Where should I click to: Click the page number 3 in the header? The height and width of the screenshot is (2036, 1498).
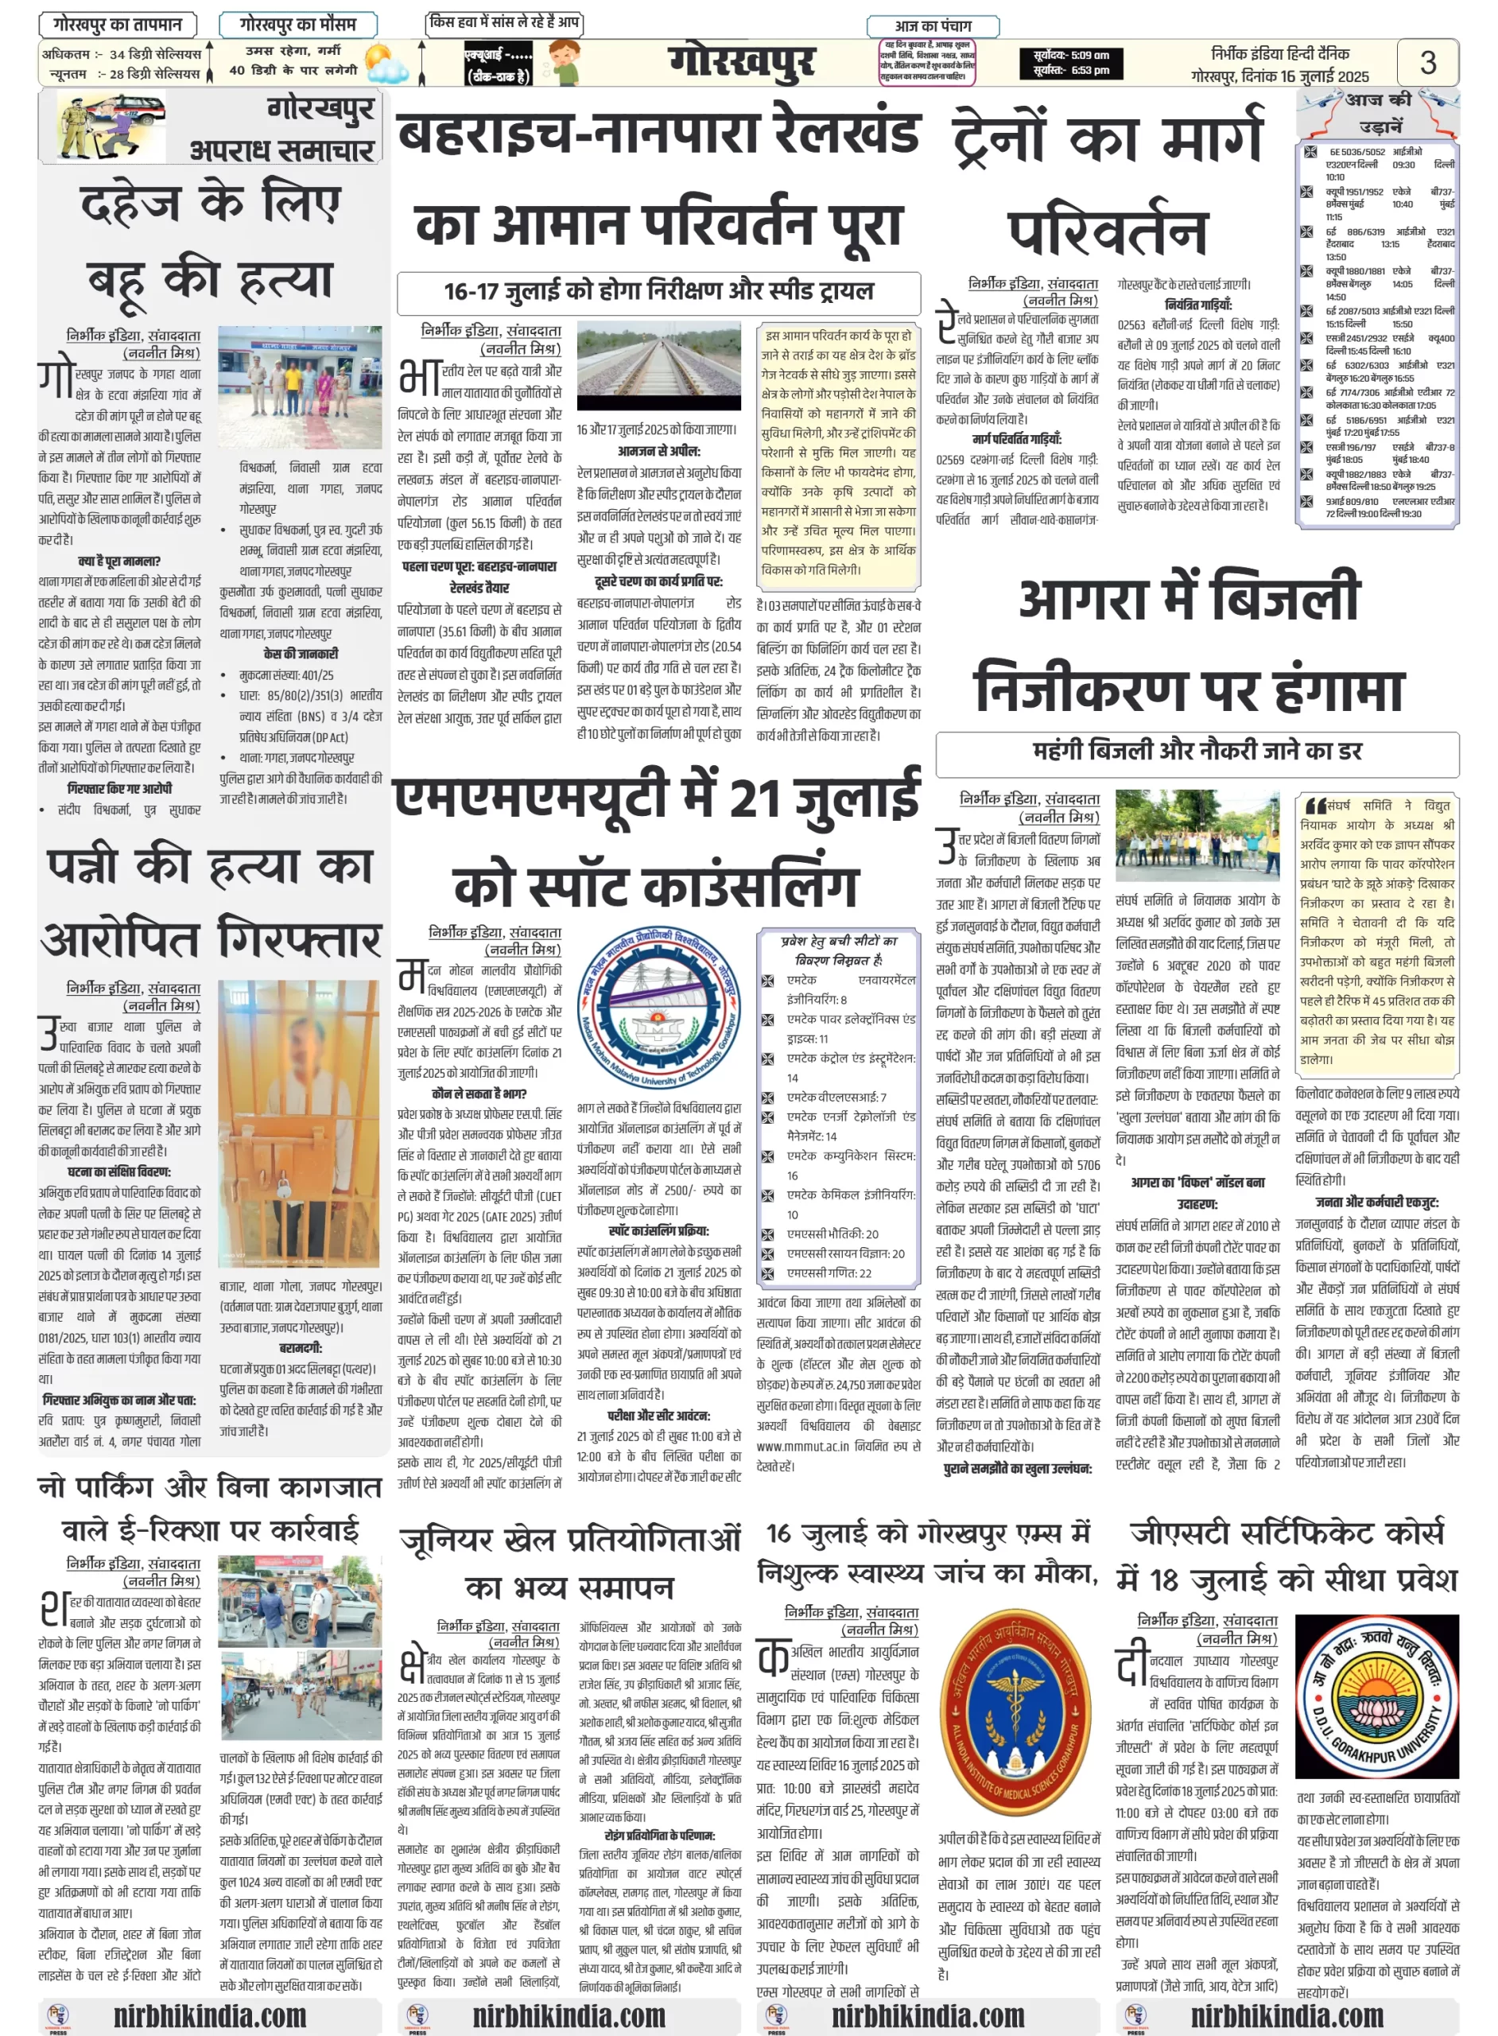tap(1427, 63)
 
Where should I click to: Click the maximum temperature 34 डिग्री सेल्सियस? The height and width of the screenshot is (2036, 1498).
tap(155, 54)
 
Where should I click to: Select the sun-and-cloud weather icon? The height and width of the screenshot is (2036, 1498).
tap(385, 64)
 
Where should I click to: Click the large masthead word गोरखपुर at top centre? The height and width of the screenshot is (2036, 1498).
tap(741, 63)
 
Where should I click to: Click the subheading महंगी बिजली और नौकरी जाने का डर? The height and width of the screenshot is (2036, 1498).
tap(1197, 751)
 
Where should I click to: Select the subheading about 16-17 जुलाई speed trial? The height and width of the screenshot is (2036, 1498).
tap(658, 291)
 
